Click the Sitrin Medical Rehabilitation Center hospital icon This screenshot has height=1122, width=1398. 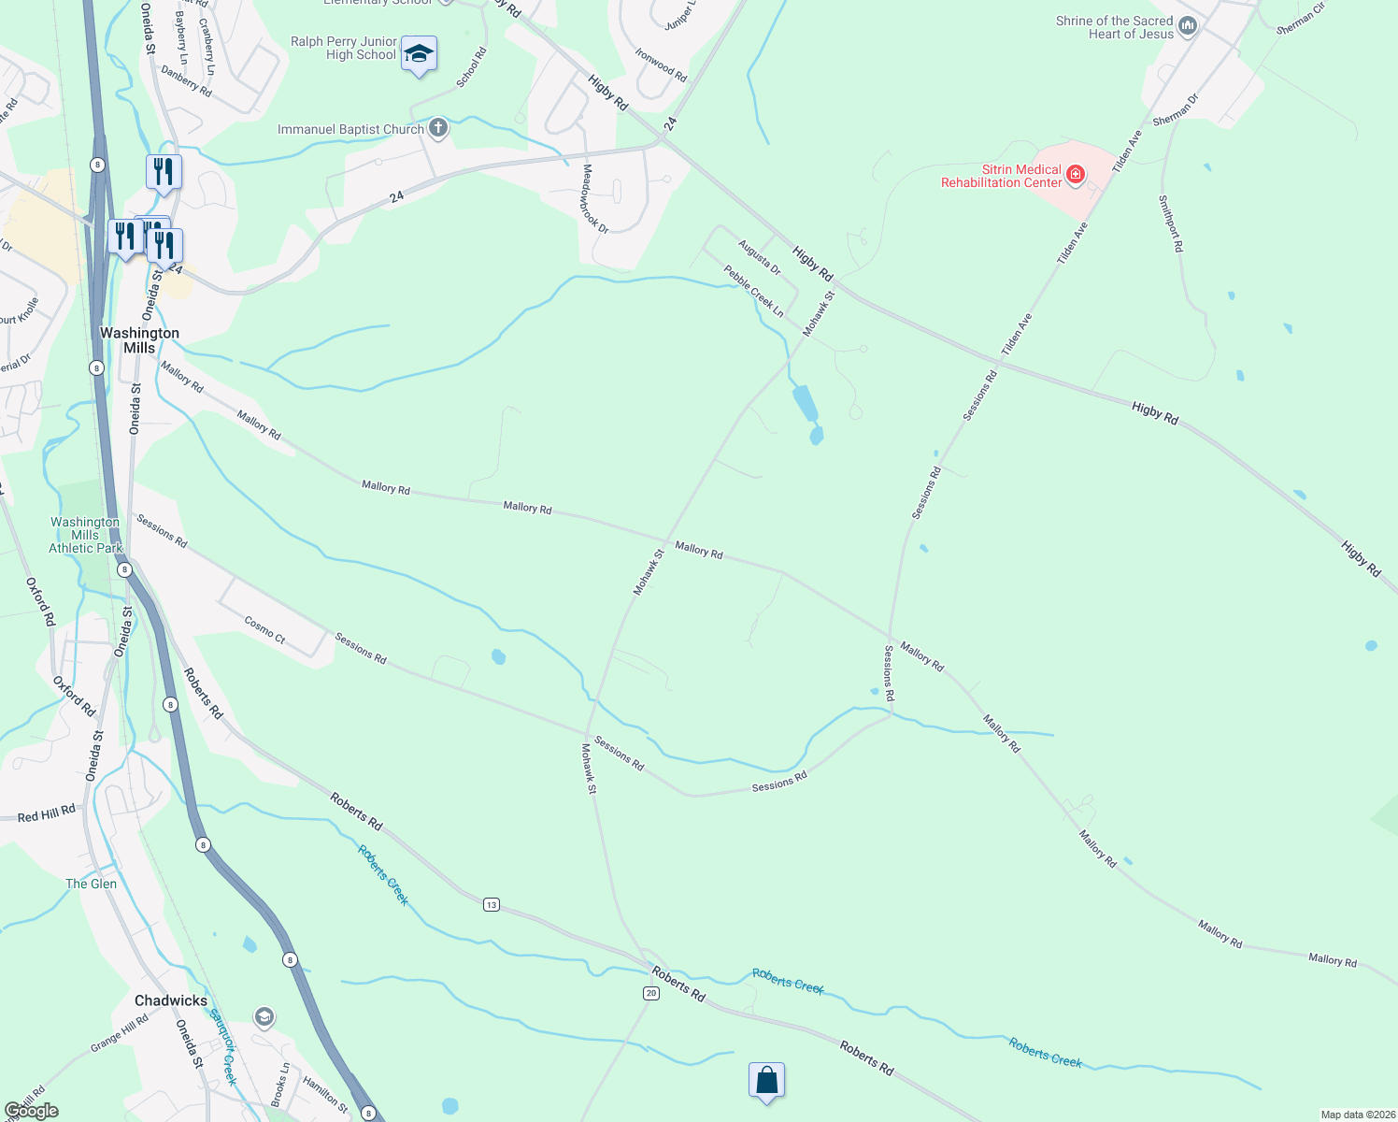1076,174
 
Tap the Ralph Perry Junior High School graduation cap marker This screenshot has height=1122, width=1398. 419,53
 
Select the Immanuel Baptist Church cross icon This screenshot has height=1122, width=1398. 437,128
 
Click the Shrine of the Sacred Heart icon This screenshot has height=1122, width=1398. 1188,26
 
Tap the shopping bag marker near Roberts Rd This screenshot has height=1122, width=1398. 766,1081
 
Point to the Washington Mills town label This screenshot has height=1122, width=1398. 139,340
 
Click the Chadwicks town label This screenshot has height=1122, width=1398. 171,1000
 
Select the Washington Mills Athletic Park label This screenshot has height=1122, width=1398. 86,536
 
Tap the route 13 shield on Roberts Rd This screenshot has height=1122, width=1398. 492,904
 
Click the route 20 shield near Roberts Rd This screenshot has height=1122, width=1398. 651,993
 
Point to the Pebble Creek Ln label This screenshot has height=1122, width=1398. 754,291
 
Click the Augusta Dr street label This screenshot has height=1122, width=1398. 759,257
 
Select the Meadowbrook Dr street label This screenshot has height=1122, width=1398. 595,198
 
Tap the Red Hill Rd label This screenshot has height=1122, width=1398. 47,814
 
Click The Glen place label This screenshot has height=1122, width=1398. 92,884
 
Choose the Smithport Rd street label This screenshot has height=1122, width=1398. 1171,223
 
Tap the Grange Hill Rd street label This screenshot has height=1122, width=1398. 120,1034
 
